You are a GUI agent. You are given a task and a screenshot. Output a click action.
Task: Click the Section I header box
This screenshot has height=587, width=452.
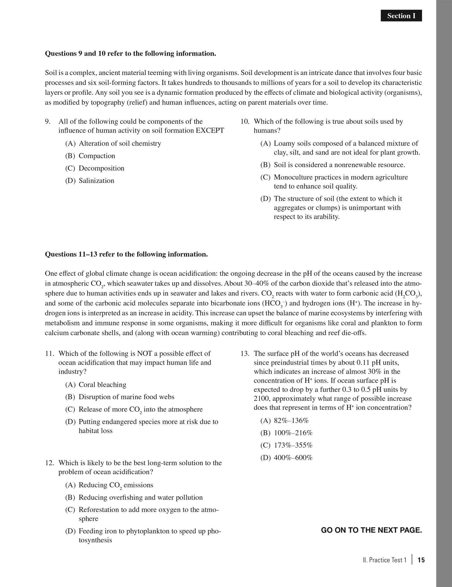401,16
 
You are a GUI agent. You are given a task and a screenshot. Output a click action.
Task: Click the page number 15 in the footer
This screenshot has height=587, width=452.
421,560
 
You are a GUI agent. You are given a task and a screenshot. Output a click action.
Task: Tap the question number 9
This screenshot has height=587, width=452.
48,122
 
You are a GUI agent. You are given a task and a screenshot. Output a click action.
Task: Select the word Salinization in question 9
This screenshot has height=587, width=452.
96,181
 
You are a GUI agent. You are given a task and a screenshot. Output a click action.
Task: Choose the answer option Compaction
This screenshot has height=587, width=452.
97,156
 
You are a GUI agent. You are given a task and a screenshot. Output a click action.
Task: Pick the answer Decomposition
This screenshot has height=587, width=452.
101,168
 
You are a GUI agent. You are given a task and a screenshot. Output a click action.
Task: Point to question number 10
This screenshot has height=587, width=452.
245,122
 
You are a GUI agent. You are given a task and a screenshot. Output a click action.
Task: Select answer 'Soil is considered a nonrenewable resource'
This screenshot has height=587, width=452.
339,165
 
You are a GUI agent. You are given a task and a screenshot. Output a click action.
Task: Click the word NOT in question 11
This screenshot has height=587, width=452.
145,354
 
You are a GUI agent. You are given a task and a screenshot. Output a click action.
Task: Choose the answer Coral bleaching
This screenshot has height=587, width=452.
102,385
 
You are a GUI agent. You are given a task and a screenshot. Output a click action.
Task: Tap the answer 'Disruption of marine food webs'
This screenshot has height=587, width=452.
127,397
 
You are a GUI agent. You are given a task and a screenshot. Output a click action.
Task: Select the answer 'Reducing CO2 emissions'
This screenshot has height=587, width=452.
116,485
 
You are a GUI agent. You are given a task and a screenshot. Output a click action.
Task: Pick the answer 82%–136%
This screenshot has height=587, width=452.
291,421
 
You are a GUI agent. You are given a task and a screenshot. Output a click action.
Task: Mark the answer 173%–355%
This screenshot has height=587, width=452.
293,446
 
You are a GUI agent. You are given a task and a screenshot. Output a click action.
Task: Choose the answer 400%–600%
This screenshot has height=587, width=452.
293,458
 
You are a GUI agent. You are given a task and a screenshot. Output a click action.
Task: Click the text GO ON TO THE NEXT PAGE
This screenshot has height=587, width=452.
371,530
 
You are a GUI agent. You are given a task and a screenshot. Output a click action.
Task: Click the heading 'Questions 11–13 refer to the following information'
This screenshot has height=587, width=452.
126,254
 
